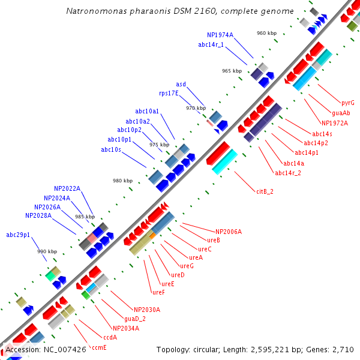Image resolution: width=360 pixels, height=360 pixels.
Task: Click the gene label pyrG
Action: click(347, 103)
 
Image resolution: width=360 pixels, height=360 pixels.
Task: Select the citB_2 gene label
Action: click(265, 191)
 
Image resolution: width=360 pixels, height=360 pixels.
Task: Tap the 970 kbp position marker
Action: click(195, 108)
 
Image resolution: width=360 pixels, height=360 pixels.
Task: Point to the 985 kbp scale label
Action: click(85, 217)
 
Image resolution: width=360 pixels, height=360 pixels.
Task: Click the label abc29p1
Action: click(18, 235)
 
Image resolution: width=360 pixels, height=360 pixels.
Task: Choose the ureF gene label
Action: click(158, 292)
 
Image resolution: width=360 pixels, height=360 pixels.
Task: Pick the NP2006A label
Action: click(229, 231)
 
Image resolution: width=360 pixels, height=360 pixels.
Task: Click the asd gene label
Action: click(181, 84)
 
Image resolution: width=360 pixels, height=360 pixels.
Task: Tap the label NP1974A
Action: click(220, 35)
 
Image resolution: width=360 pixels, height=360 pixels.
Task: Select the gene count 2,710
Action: click(343, 349)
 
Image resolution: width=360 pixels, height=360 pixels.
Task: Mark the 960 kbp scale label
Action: click(266, 33)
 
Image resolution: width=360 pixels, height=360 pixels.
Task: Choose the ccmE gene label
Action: click(98, 347)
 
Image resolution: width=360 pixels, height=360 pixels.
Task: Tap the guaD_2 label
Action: click(135, 319)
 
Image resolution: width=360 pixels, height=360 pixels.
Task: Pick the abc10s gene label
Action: click(111, 149)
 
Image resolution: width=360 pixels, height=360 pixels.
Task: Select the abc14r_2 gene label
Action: click(288, 173)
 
